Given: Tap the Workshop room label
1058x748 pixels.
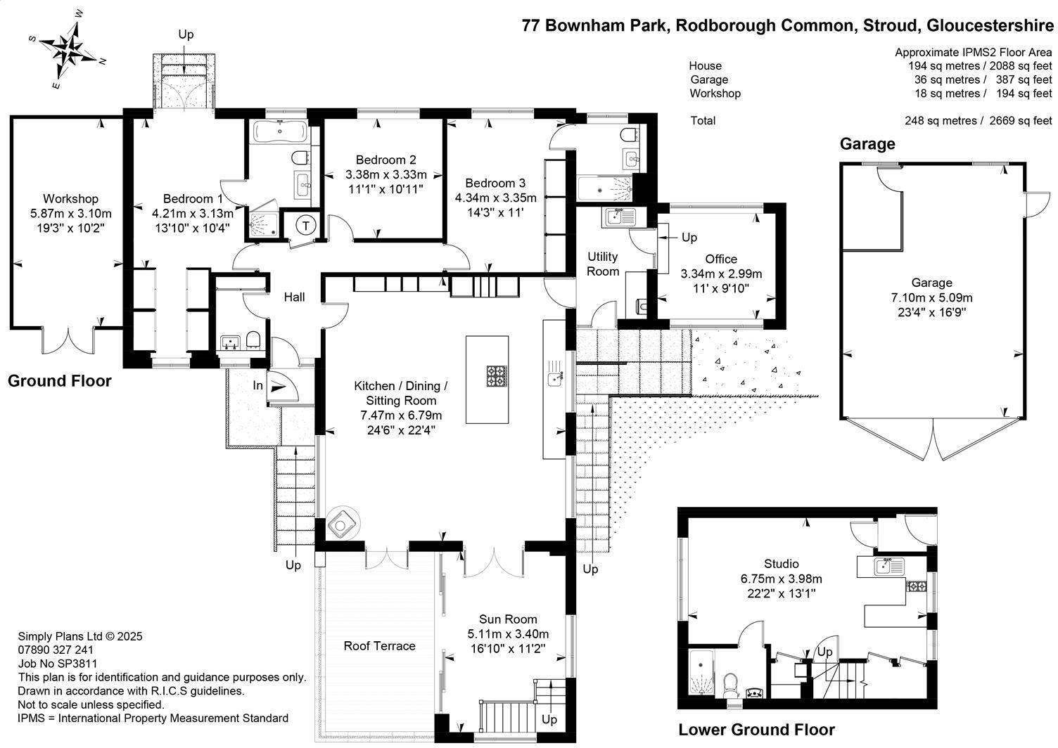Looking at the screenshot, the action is coord(70,199).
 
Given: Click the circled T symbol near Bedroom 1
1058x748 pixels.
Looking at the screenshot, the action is coord(306,226).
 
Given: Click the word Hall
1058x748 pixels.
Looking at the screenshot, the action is coord(294,297).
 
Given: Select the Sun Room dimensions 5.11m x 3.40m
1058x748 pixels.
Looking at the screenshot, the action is coord(508,633).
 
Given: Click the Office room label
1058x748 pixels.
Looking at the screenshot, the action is coord(721,259).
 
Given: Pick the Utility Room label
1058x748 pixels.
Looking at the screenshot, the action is coord(603,264).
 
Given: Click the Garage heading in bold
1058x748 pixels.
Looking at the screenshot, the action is coord(867,144).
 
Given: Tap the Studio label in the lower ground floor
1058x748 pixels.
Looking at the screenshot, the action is coord(782,564).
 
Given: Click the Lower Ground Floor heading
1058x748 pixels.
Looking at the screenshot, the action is coord(756,730).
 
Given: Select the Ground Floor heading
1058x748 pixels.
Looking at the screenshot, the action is coord(60,381).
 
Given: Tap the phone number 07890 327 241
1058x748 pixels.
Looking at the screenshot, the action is coord(56,650).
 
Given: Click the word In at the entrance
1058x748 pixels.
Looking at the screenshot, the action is coord(258,386).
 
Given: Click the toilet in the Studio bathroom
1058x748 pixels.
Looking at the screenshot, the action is coord(730,682).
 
